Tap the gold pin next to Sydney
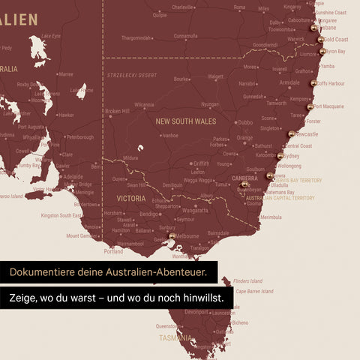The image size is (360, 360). [280, 156]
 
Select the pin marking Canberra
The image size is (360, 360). [244, 184]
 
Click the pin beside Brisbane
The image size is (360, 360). [314, 28]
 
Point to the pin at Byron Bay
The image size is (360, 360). [322, 52]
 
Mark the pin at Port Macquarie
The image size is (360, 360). [310, 107]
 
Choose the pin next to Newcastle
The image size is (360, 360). [292, 134]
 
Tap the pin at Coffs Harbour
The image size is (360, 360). [313, 83]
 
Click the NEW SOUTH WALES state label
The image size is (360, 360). [185, 121]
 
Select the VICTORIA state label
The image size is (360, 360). [131, 199]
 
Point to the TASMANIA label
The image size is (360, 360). [175, 338]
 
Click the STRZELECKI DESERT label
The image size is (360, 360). [132, 75]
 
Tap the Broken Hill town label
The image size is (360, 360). [117, 111]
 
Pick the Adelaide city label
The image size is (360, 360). [73, 177]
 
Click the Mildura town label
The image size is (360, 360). [131, 158]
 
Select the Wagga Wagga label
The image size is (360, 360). [197, 181]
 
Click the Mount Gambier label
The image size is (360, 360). [82, 235]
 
